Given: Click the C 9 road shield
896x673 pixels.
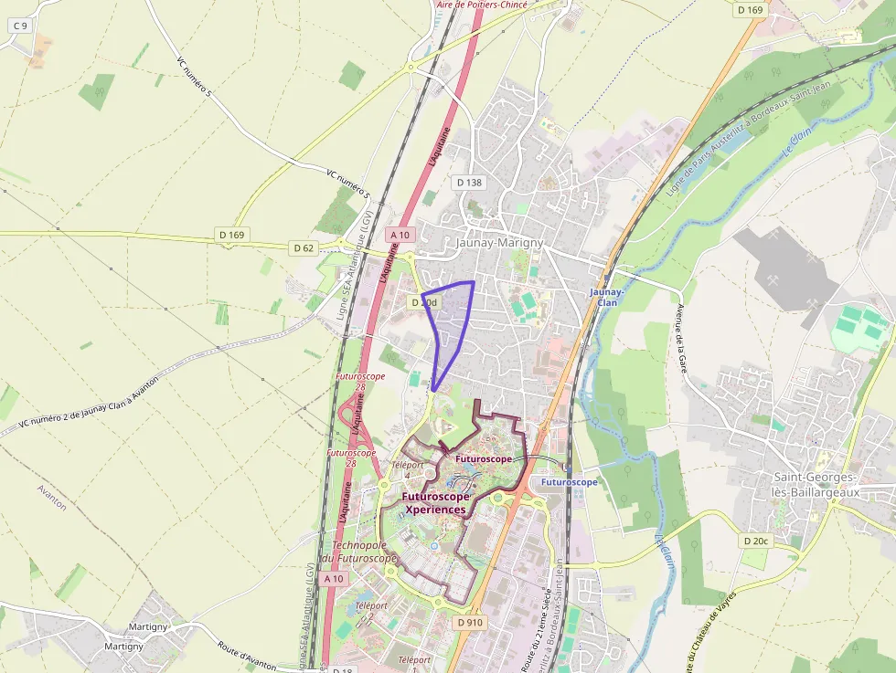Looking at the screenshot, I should tap(20, 26).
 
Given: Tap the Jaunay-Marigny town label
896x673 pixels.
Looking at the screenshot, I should tap(499, 243).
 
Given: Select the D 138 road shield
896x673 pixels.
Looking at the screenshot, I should tap(468, 183).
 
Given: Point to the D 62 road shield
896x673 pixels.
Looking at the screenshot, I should tap(304, 247).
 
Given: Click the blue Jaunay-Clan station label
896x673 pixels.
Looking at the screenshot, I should tap(606, 297).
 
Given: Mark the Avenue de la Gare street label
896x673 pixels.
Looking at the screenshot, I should tap(681, 338).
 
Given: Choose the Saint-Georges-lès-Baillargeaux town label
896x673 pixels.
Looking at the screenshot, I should tap(815, 485).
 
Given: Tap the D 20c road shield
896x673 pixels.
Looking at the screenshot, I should tap(755, 542).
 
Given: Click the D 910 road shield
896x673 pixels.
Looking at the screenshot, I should tap(468, 622).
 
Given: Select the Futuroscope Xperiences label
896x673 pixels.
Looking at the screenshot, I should tap(435, 503).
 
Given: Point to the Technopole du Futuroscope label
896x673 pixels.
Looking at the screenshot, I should tap(358, 552).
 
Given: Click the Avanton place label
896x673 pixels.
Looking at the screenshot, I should tap(52, 497).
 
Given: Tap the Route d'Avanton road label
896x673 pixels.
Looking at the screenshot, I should tap(247, 653).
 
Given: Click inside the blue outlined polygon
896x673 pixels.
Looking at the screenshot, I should tap(451, 320).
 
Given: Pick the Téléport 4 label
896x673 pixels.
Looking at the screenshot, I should tap(407, 469).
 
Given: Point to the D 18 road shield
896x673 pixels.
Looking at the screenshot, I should tap(342, 668).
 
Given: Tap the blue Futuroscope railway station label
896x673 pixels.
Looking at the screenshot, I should tap(568, 481).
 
